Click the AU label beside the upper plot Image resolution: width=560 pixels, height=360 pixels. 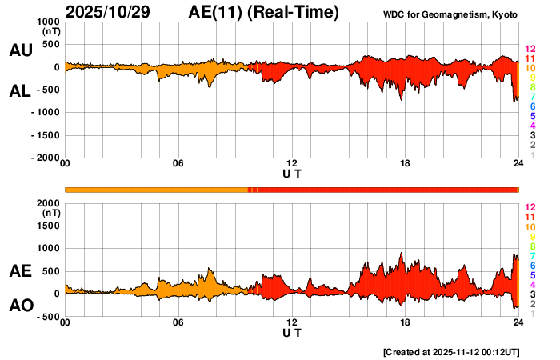point(20,50)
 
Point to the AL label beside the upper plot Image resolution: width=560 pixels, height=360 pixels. point(20,91)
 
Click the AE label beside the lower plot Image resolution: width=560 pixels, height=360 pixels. point(20,272)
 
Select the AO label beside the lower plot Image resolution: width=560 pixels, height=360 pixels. point(20,306)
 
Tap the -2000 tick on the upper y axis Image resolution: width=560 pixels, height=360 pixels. point(45,158)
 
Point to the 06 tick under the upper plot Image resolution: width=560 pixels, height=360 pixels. point(178,164)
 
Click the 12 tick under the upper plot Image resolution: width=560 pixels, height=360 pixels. point(292,164)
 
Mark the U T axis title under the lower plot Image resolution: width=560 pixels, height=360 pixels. point(292,333)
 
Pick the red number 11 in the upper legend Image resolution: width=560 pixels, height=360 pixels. point(530,58)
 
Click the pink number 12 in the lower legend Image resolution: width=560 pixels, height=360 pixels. point(530,206)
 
